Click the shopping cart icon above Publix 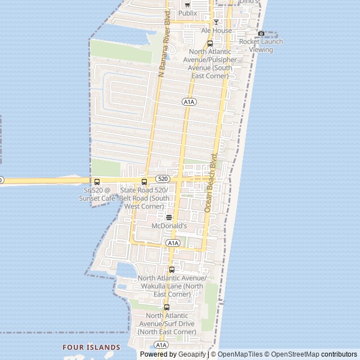(x=187, y=4)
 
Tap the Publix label (x=187, y=13)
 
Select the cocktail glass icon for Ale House (x=216, y=22)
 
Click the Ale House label (x=217, y=30)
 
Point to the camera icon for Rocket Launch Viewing (x=261, y=34)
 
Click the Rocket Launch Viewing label (x=261, y=46)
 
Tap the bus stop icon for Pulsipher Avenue (x=210, y=43)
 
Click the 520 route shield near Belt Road (x=163, y=179)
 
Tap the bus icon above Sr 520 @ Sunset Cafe (x=97, y=182)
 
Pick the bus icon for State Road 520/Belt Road (x=144, y=182)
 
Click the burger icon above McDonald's (x=169, y=217)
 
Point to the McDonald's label (x=169, y=226)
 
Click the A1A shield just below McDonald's (x=173, y=243)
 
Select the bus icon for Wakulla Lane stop (x=172, y=269)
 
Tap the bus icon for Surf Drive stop (x=166, y=307)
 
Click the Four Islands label (x=91, y=348)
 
